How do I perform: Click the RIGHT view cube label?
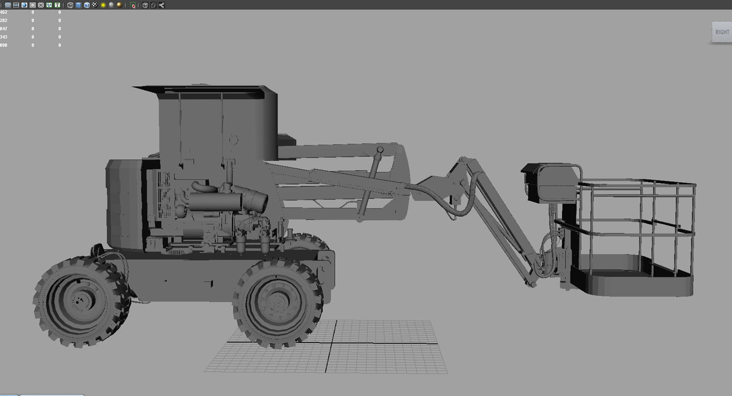coord(722,32)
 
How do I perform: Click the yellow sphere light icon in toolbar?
coord(103,5)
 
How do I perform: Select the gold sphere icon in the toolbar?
coord(119,5)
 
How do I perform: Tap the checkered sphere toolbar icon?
coord(95,5)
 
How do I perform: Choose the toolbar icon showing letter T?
coord(57,5)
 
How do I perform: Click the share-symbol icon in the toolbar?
coord(162,5)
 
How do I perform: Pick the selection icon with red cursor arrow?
coord(133,5)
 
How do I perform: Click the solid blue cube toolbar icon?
coord(79,5)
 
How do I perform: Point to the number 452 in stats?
coord(3,12)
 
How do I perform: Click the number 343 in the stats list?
coord(3,37)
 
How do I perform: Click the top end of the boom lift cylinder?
coord(380,149)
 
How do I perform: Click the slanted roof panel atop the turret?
coord(203,91)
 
